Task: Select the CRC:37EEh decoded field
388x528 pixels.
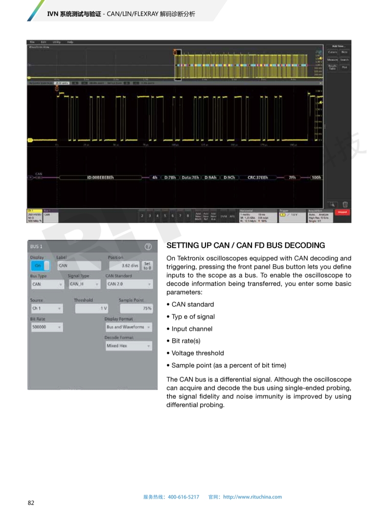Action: click(254, 177)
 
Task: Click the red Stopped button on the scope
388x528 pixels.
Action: click(342, 213)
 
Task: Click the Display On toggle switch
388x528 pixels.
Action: click(40, 266)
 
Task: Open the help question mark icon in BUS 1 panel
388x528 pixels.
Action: click(148, 247)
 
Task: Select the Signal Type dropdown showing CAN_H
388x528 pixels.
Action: click(84, 284)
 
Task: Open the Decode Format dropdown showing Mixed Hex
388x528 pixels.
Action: click(128, 346)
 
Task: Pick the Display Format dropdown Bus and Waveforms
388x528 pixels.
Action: click(128, 327)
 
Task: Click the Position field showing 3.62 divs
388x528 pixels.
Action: click(124, 266)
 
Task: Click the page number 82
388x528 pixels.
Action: click(31, 503)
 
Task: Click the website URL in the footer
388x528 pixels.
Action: click(252, 497)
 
